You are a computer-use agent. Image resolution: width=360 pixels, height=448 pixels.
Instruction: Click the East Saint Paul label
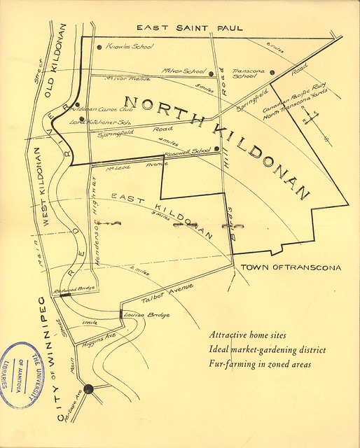190,28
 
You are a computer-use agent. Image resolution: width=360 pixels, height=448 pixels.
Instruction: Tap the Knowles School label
130,48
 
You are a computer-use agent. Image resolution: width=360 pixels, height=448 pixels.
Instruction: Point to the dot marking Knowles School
98,48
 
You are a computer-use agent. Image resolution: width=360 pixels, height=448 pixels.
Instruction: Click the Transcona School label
249,74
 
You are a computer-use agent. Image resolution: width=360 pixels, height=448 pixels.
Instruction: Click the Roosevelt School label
191,150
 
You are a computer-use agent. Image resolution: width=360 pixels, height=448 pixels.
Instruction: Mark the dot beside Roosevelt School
217,149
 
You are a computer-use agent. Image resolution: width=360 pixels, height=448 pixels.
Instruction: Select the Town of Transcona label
291,267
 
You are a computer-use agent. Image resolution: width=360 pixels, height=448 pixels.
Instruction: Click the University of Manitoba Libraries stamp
28,375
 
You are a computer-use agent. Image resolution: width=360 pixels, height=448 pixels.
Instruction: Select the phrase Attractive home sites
248,335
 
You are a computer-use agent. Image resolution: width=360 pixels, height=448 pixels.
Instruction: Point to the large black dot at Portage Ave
89,389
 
